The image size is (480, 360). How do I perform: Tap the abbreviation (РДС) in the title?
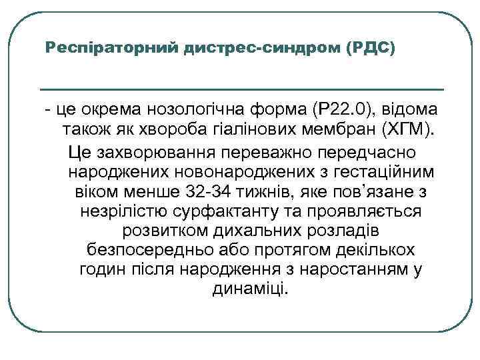point(372,49)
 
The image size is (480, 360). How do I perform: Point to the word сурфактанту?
point(230,211)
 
